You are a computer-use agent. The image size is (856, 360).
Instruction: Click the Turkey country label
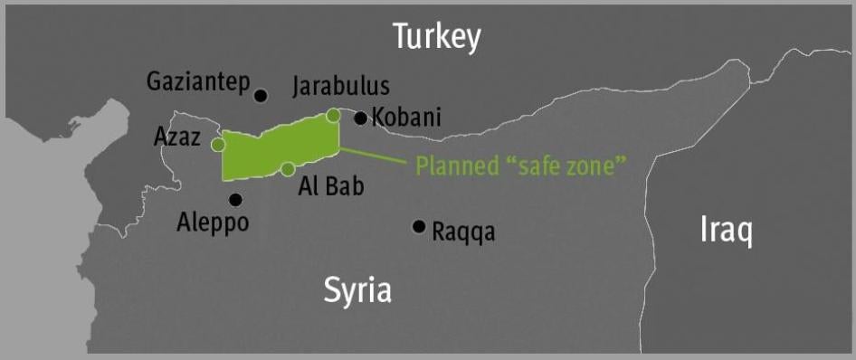(436, 37)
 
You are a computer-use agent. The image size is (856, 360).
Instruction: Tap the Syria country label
(357, 290)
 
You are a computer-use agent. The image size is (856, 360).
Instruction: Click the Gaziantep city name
(197, 83)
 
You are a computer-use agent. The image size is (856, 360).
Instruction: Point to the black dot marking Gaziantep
(262, 95)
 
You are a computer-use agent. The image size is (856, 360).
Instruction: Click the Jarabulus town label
(341, 86)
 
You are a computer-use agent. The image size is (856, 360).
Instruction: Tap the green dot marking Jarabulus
(333, 115)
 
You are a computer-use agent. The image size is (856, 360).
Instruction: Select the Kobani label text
(407, 118)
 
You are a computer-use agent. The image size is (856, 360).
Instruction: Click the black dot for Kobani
(360, 118)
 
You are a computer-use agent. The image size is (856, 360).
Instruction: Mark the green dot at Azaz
(218, 144)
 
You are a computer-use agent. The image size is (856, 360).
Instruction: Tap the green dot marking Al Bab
(288, 168)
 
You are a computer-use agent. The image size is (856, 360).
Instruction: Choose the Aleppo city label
(213, 223)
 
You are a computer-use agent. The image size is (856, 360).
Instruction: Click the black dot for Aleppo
(235, 200)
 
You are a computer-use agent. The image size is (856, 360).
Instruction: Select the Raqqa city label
(463, 232)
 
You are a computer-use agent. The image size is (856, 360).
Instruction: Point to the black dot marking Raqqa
(418, 226)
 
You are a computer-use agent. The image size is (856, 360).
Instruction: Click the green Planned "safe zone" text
(521, 166)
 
